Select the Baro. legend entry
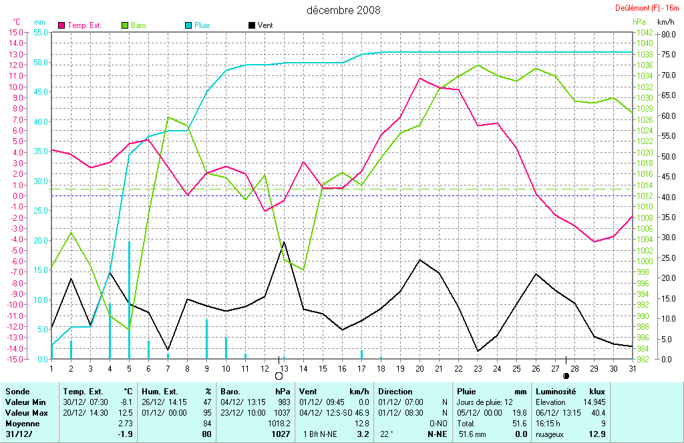click(x=139, y=25)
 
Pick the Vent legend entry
click(x=265, y=25)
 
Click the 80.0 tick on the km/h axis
click(x=666, y=35)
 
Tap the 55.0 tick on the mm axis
click(x=40, y=32)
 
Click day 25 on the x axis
click(x=516, y=368)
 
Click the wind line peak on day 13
click(x=284, y=242)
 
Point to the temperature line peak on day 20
click(x=419, y=78)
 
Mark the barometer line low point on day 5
click(x=129, y=329)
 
